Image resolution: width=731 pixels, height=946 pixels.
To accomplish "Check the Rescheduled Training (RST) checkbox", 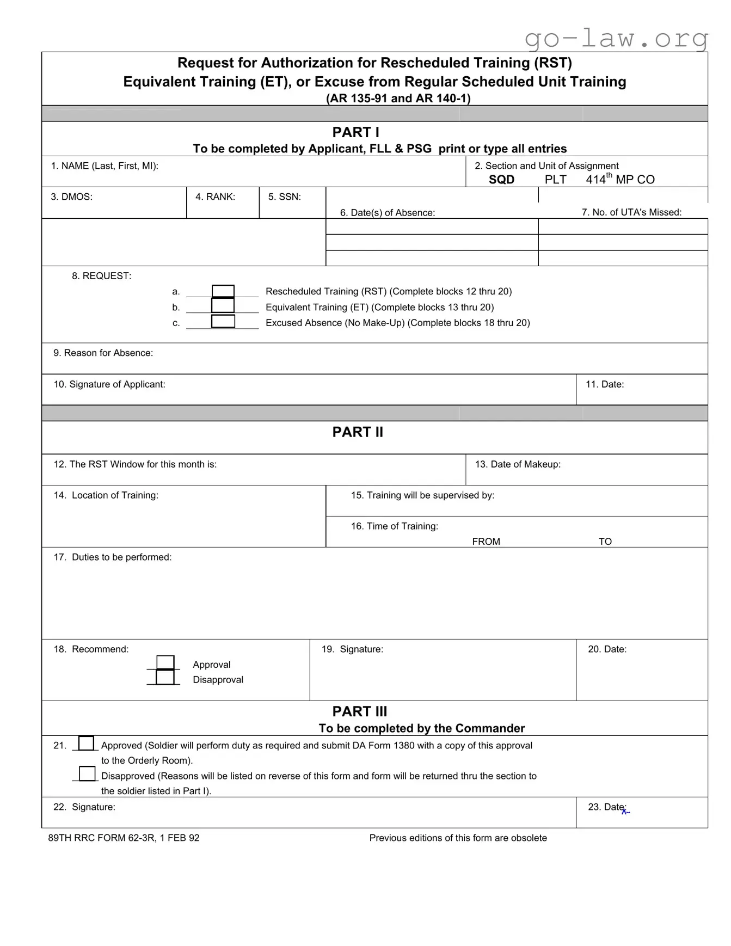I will coord(223,291).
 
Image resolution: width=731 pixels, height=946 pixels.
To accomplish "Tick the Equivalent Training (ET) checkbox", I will coord(223,305).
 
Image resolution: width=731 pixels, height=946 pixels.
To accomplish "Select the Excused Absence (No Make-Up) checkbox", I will coord(223,321).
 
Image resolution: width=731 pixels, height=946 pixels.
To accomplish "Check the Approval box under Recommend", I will coord(165,662).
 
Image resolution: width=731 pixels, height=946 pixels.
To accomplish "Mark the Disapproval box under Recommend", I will coord(165,677).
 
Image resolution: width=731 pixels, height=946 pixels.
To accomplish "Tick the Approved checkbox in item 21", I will coord(86,743).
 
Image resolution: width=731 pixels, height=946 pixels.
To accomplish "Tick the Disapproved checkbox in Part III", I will coord(87,773).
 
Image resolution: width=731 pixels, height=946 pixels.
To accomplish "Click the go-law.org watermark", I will coord(616,38).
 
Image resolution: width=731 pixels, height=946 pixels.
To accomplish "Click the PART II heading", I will coord(358,432).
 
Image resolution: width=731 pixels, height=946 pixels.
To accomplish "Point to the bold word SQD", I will coord(501,180).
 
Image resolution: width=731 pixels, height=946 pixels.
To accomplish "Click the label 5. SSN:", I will coord(284,197).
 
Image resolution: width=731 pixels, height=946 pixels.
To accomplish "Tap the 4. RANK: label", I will coord(215,197).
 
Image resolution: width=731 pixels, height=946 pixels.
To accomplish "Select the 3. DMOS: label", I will coord(72,197).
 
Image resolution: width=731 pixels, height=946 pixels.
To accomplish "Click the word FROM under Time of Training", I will coord(486,542).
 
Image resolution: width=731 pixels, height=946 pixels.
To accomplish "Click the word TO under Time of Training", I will coord(605,542).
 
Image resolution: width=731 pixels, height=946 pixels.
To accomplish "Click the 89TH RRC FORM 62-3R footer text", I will coord(124,838).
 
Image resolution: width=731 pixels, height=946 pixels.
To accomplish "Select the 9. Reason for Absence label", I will coord(103,353).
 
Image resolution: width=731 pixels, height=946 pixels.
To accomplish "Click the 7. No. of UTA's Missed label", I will coord(631,212).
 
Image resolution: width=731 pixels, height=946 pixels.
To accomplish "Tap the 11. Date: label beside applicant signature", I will coord(604,384).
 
